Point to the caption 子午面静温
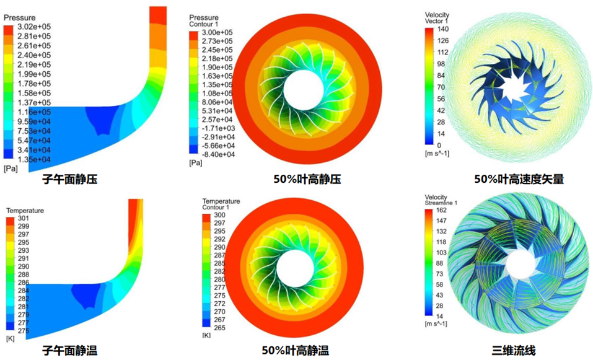[69, 351]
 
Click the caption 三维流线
[516, 351]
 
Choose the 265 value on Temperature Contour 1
[219, 323]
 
